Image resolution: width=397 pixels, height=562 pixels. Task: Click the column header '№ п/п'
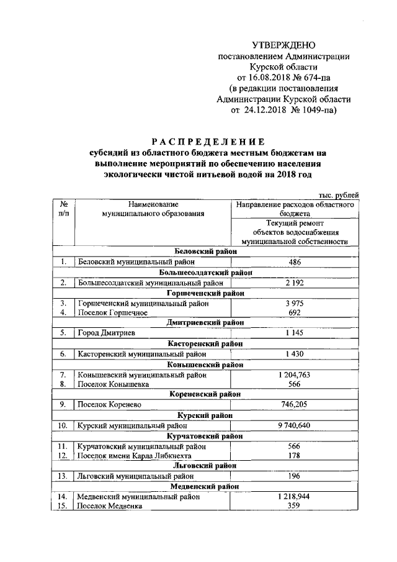[63, 209]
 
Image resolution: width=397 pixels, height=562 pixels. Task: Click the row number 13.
[63, 476]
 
